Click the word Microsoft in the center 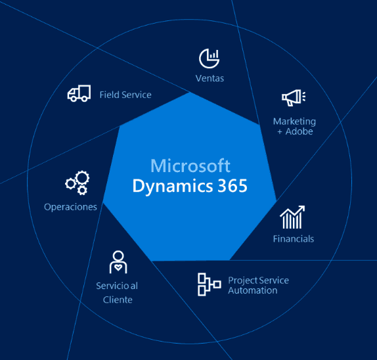pyautogui.click(x=190, y=166)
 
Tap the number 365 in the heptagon pyautogui.click(x=233, y=186)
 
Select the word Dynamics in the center pyautogui.click(x=173, y=187)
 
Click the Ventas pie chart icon pyautogui.click(x=209, y=58)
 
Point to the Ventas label pyautogui.click(x=210, y=78)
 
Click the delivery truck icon pyautogui.click(x=79, y=93)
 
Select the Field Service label pyautogui.click(x=125, y=95)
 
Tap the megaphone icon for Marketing pyautogui.click(x=294, y=98)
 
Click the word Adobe pyautogui.click(x=299, y=131)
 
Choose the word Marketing pyautogui.click(x=294, y=122)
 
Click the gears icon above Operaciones pyautogui.click(x=78, y=183)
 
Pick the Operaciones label pyautogui.click(x=70, y=207)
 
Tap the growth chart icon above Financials pyautogui.click(x=292, y=217)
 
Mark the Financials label pyautogui.click(x=294, y=239)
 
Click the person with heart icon pyautogui.click(x=118, y=262)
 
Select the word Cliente pyautogui.click(x=118, y=300)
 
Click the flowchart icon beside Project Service pyautogui.click(x=209, y=284)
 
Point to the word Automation pyautogui.click(x=253, y=290)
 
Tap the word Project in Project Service pyautogui.click(x=243, y=281)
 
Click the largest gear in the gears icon pyautogui.click(x=83, y=178)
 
